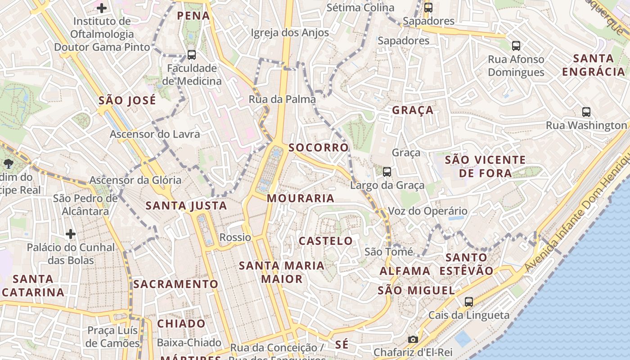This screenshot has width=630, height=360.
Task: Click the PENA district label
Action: tap(193, 16)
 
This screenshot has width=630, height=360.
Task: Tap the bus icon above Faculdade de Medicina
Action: tap(192, 55)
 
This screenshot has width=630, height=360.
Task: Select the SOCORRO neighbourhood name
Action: tap(319, 148)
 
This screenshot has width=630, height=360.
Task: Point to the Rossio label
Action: tap(235, 237)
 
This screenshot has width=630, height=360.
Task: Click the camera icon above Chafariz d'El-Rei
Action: tap(413, 339)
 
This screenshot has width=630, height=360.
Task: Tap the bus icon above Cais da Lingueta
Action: tap(469, 302)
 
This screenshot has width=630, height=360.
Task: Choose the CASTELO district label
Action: tap(326, 241)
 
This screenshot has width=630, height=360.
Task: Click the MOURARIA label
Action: tap(301, 198)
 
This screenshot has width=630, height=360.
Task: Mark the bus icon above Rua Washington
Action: tap(586, 112)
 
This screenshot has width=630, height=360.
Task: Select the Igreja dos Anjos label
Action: tap(290, 32)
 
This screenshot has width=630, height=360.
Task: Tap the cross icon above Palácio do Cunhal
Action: tap(71, 234)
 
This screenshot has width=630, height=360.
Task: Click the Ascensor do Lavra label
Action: tap(155, 134)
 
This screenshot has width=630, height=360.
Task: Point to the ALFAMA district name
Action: tap(405, 271)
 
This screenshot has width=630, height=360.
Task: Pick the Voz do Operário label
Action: tap(427, 211)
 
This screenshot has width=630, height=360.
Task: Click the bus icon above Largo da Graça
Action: tap(387, 171)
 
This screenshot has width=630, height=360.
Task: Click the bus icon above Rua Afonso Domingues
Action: tap(516, 45)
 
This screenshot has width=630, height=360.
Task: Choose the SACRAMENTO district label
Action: tap(175, 284)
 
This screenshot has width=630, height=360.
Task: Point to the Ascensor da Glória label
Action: tap(135, 180)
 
